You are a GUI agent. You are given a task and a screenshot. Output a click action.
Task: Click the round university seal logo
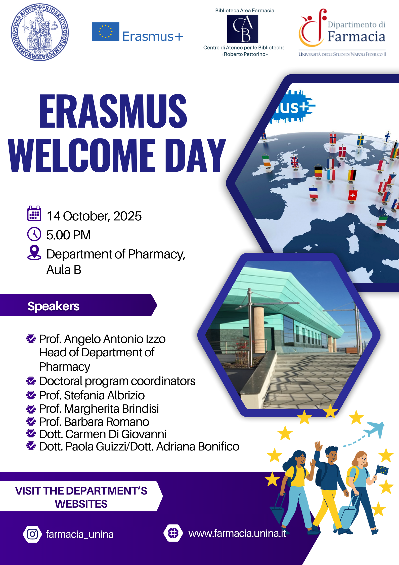coord(40,32)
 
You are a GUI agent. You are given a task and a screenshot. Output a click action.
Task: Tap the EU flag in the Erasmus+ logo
coord(105,31)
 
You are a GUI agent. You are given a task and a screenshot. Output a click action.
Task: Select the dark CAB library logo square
coord(242,29)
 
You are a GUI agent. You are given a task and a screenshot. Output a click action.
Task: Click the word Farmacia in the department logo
coord(357,36)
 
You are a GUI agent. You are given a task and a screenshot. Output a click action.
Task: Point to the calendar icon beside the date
coord(34,213)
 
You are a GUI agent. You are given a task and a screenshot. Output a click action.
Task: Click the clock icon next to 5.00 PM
coord(34,234)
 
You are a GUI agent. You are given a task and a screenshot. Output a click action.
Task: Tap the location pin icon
coord(34,252)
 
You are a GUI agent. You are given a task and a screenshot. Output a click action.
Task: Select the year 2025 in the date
coord(127,216)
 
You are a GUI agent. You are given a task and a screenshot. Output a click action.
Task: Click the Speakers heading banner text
coord(53,306)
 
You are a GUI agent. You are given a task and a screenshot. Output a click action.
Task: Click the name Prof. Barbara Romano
coord(94,422)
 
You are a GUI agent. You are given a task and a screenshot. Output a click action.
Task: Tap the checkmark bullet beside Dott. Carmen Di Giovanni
coord(31,433)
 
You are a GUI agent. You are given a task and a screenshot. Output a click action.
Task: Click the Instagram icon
coord(32,534)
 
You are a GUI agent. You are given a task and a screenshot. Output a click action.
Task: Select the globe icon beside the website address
coord(173,533)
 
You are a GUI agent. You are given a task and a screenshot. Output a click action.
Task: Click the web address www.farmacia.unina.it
coord(237,533)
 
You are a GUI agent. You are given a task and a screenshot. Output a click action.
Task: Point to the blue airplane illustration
coord(374,429)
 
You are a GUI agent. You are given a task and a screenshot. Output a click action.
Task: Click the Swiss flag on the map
coord(352,195)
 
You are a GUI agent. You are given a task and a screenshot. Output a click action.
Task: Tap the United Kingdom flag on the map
coord(294,162)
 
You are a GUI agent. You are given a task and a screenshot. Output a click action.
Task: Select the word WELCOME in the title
coord(82,155)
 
